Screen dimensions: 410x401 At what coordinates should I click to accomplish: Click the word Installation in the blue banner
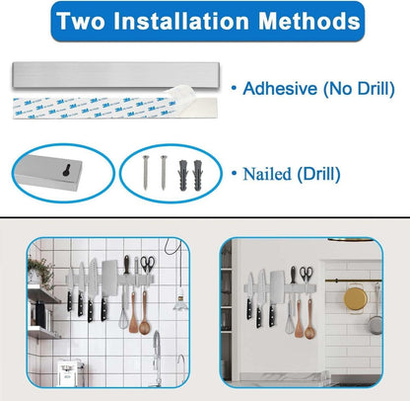[181, 21]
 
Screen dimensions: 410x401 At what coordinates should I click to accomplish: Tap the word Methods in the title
[309, 21]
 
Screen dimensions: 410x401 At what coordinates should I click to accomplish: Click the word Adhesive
[280, 89]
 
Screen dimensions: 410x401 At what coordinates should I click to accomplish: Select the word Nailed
[266, 174]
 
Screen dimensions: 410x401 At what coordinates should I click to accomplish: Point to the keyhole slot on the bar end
[67, 170]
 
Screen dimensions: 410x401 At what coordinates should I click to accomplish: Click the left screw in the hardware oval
[145, 173]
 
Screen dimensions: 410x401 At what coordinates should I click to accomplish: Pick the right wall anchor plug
[198, 176]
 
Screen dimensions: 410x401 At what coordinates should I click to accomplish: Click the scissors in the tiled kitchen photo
[148, 264]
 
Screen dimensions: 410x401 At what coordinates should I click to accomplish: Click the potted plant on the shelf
[39, 272]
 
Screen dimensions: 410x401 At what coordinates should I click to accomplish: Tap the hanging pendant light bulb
[180, 300]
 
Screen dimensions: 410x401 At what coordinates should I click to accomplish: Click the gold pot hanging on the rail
[356, 298]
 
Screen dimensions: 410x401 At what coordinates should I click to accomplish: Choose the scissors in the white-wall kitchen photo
[307, 274]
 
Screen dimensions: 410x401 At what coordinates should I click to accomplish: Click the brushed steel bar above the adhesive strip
[115, 75]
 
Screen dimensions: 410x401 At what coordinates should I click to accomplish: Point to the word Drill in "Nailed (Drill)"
[318, 174]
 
